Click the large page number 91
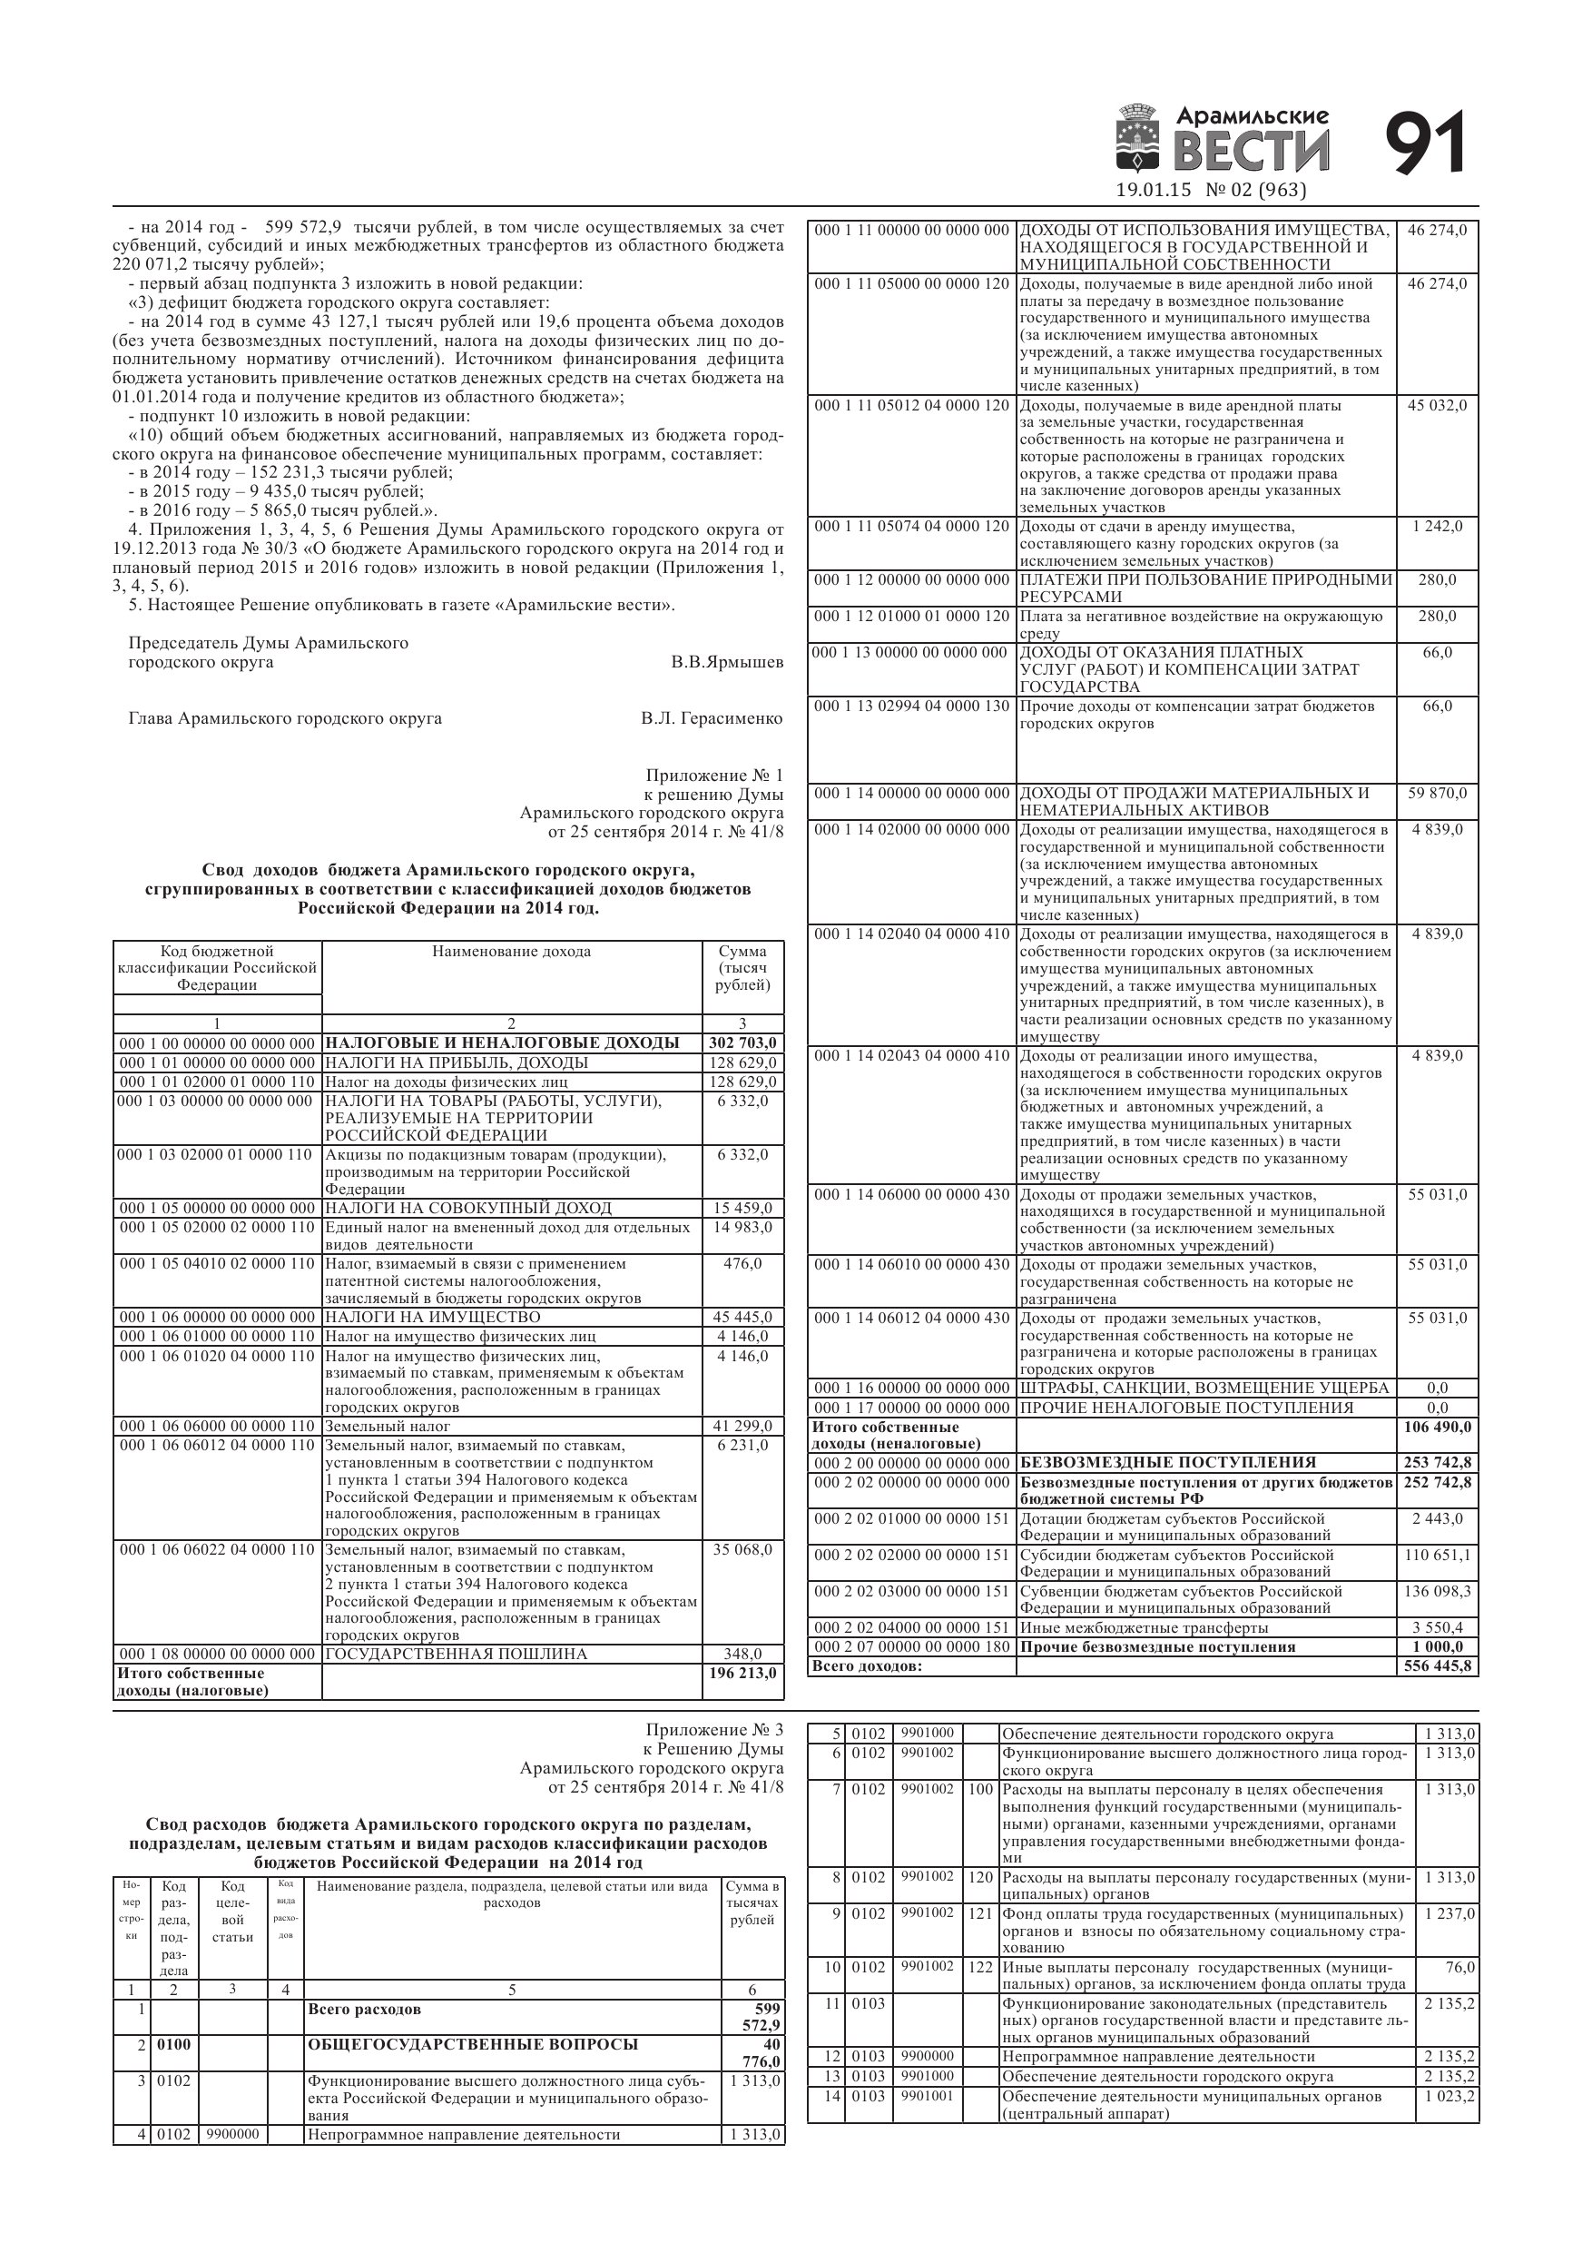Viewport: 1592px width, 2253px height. (1425, 144)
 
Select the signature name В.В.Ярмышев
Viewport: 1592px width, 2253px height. (727, 662)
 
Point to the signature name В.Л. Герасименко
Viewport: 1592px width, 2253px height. (712, 718)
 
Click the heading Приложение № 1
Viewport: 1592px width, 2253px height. (714, 776)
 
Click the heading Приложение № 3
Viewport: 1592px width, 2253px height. (714, 1730)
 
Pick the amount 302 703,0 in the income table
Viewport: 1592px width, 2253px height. (742, 1043)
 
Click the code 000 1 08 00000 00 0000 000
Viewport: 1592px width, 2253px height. (216, 1654)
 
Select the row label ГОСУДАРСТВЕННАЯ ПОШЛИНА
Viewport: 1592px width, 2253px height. (457, 1654)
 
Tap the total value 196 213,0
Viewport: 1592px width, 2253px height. (742, 1673)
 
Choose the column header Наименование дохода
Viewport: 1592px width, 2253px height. (511, 951)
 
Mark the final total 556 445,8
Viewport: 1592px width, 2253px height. (1437, 1666)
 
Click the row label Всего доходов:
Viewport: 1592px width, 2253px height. (867, 1666)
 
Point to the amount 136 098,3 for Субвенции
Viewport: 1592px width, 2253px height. (1437, 1591)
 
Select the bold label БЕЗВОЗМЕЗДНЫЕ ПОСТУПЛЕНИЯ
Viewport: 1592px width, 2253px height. (1167, 1462)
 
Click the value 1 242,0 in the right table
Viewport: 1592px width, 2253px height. (1437, 527)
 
